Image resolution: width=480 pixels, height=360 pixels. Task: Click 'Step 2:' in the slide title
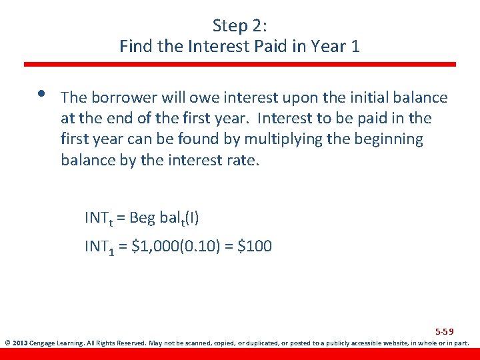click(x=239, y=25)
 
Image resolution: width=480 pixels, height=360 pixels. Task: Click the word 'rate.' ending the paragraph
click(x=243, y=161)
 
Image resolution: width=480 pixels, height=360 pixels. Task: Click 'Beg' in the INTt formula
click(x=141, y=217)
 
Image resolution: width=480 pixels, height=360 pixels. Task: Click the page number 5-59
click(x=445, y=331)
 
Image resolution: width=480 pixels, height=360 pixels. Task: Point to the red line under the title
click(x=240, y=65)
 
